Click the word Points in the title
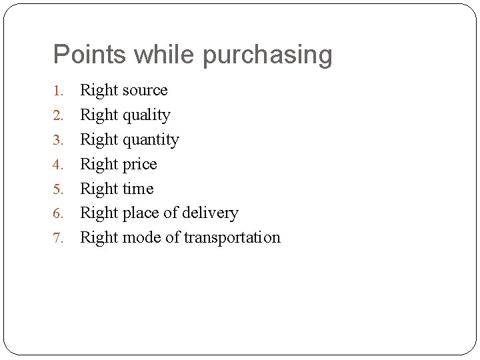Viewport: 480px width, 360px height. pyautogui.click(x=90, y=55)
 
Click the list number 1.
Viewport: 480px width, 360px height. pyautogui.click(x=59, y=91)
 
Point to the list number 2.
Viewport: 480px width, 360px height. pyautogui.click(x=59, y=115)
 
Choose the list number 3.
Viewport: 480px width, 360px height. pyautogui.click(x=59, y=140)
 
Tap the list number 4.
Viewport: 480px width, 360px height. pyautogui.click(x=59, y=165)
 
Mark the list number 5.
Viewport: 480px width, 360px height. pyautogui.click(x=59, y=189)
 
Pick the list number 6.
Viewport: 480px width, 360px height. pyautogui.click(x=59, y=213)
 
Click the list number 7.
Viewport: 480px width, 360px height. pyautogui.click(x=59, y=238)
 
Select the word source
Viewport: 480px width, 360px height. pyautogui.click(x=145, y=91)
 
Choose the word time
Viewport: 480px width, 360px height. pyautogui.click(x=138, y=189)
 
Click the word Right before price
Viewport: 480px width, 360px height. pyautogui.click(x=99, y=165)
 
